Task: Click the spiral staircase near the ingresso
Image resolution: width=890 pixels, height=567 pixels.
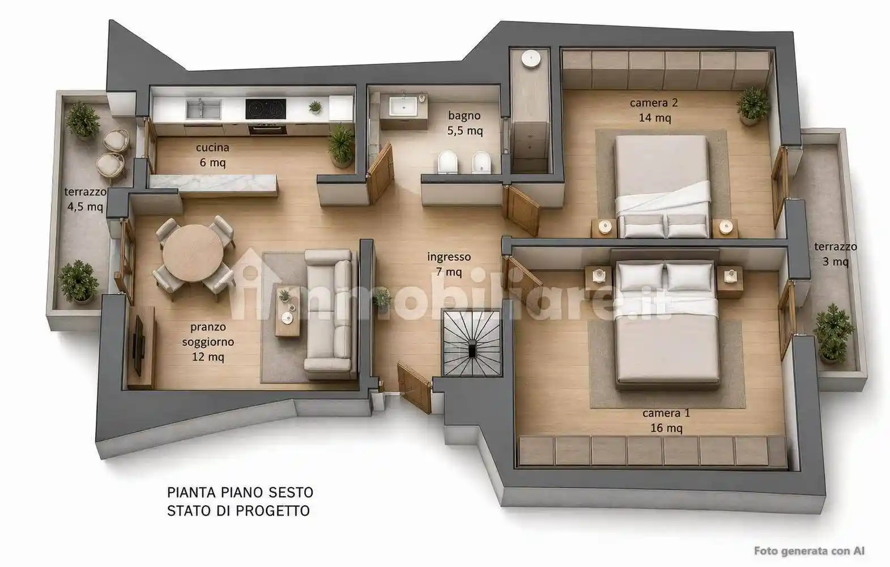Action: pos(472,343)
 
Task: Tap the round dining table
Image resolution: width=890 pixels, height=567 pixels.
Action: pos(194,253)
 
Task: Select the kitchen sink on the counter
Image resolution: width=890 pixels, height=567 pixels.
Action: pos(203,109)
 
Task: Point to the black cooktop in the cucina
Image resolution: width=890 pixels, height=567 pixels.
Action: pos(265,109)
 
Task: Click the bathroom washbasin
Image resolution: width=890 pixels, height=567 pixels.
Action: pos(403,106)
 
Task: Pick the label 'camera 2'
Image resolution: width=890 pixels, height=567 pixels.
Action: pos(654,103)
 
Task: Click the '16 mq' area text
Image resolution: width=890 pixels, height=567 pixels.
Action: pos(666,428)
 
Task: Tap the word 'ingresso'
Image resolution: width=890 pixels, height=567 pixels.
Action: pos(449,257)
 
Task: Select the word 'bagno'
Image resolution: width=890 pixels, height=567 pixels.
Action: pos(464,116)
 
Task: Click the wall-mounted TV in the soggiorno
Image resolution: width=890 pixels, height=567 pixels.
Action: pos(138,345)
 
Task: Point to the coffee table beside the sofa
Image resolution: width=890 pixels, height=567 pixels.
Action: pos(288,312)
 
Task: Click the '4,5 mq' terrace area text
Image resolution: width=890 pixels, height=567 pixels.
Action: pos(85,207)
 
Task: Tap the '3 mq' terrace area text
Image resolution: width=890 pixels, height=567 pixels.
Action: pos(836,262)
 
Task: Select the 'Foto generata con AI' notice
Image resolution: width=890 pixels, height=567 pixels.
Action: pos(809,551)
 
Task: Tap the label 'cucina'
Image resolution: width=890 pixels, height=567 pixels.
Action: pos(212,147)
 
